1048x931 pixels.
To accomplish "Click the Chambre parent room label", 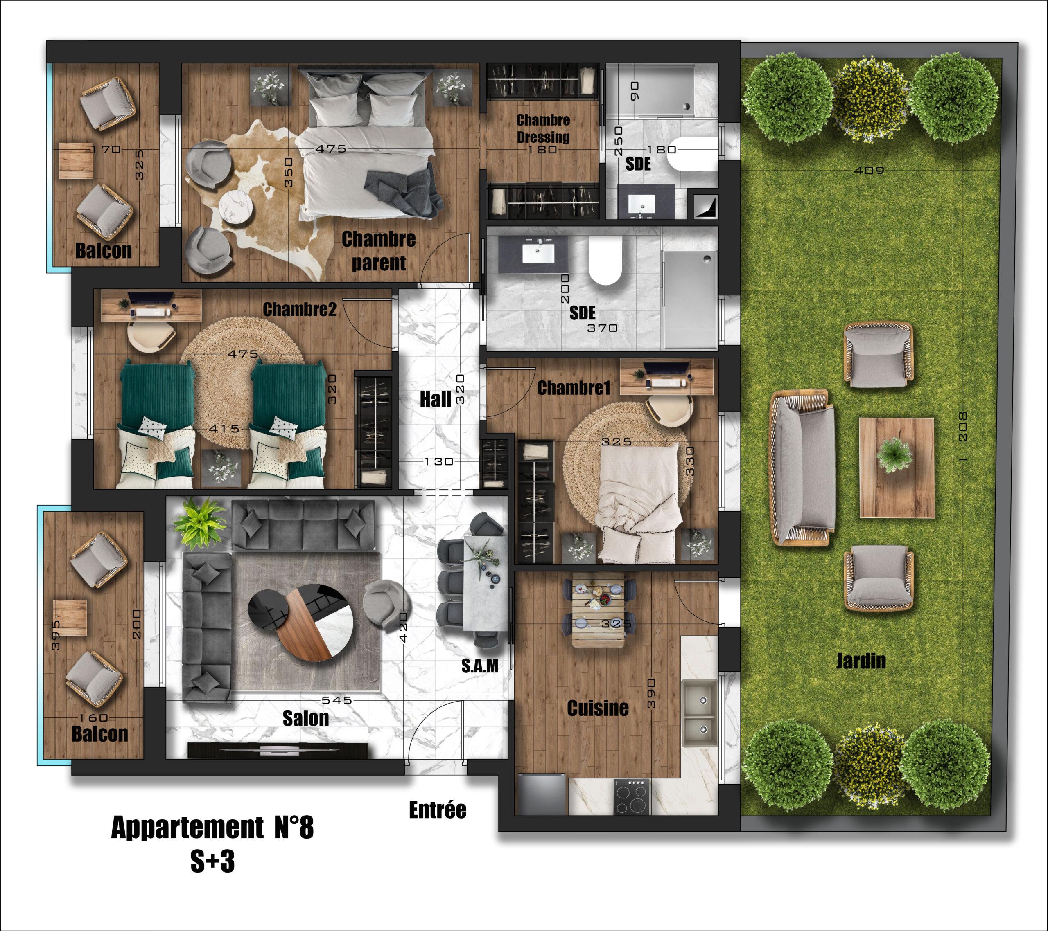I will click(378, 251).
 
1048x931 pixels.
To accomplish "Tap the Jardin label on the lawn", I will click(861, 661).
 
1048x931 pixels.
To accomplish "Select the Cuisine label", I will click(597, 708).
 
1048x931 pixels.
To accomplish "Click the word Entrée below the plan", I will click(437, 810).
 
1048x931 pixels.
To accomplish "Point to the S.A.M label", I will click(479, 666).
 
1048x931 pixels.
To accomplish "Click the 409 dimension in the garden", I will click(869, 171).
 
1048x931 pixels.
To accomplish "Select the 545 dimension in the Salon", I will click(337, 700).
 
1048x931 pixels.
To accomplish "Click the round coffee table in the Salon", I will click(301, 623).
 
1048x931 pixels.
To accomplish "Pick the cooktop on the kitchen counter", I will click(632, 797).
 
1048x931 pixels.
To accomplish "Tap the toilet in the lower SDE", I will click(605, 261).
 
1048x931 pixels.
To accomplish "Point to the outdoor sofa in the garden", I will click(802, 467).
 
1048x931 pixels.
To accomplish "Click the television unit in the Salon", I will click(278, 750).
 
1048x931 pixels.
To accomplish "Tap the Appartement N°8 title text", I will click(212, 828).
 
